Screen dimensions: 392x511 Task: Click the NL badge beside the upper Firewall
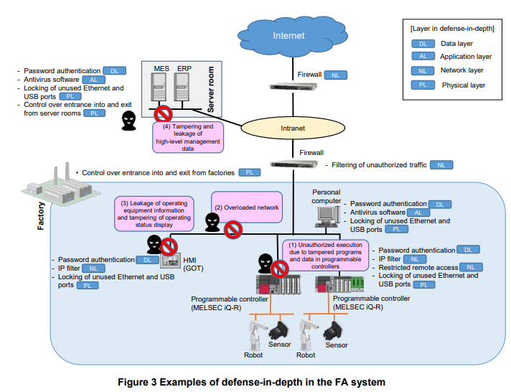[x=335, y=75]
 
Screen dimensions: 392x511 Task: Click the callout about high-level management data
[x=188, y=136]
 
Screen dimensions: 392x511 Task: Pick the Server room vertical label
[x=212, y=90]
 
